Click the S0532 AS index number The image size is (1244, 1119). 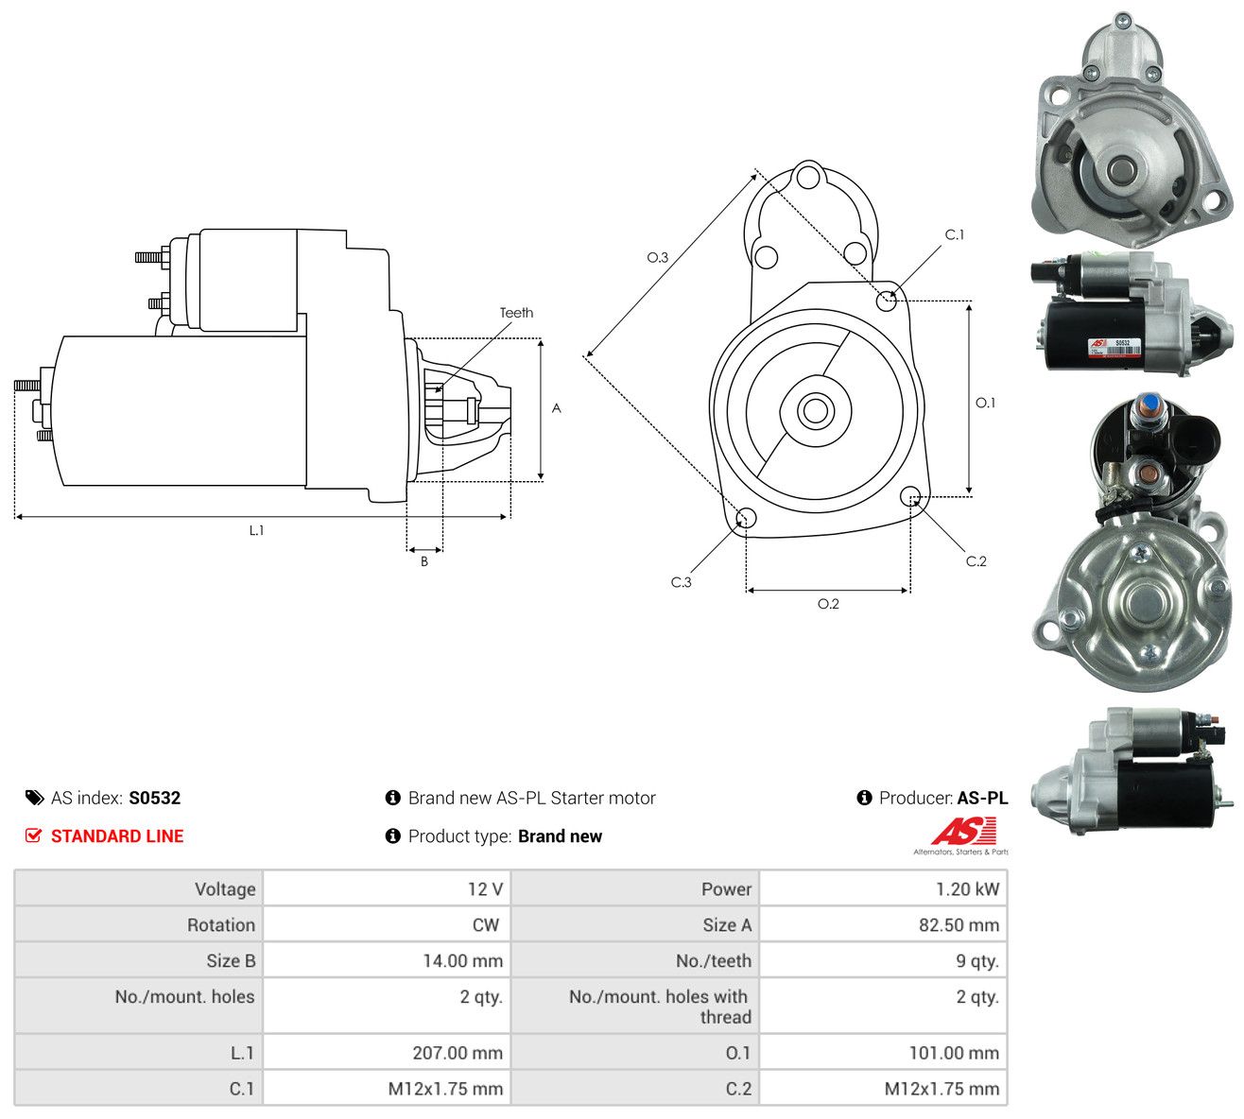(154, 798)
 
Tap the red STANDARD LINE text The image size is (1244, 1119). (117, 836)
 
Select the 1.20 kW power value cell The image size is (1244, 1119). (883, 889)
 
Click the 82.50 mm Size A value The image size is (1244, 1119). (959, 925)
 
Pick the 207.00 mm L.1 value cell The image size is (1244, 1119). (387, 1053)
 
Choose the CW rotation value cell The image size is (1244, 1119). (387, 925)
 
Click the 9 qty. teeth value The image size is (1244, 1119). (977, 961)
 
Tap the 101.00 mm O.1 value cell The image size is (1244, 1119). (883, 1053)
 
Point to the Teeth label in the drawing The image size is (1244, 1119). (516, 313)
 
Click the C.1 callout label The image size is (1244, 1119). (955, 234)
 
